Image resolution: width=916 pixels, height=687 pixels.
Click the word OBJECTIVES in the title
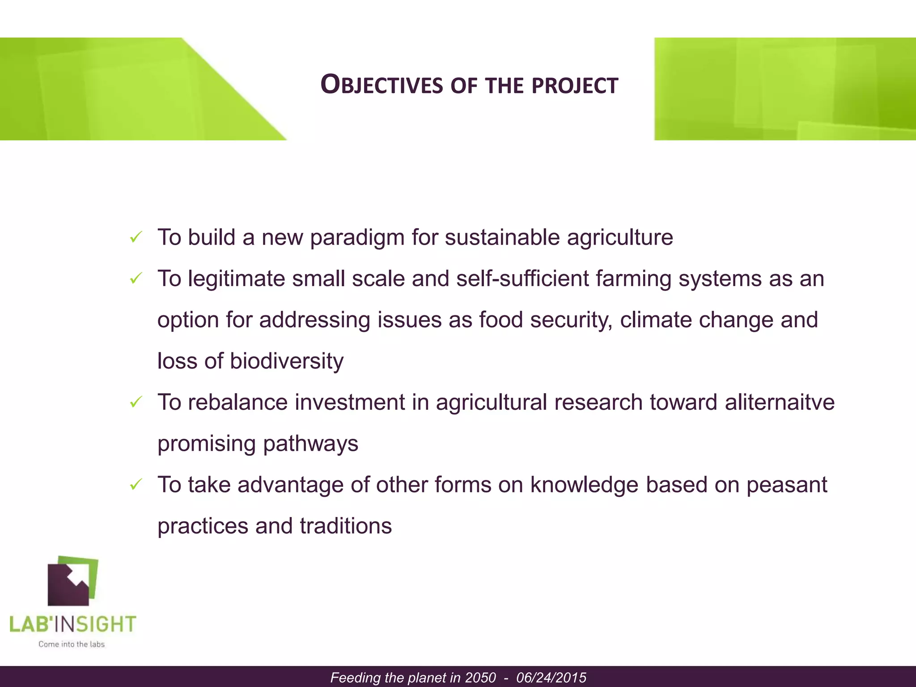pyautogui.click(x=381, y=85)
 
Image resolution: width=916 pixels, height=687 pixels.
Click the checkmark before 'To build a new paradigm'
pyautogui.click(x=136, y=237)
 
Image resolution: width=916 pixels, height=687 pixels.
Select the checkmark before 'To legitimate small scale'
pyautogui.click(x=136, y=279)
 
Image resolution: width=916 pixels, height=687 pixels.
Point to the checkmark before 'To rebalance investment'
pyautogui.click(x=136, y=402)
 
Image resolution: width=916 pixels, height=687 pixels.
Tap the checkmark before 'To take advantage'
pyautogui.click(x=136, y=484)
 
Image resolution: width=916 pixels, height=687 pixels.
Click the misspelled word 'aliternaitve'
pyautogui.click(x=779, y=402)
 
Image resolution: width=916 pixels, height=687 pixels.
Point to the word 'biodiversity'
pyautogui.click(x=286, y=361)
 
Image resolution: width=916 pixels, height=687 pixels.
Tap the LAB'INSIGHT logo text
pyautogui.click(x=72, y=624)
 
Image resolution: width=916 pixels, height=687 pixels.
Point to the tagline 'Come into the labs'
pyautogui.click(x=72, y=645)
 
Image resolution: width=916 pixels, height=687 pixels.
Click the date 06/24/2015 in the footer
pyautogui.click(x=551, y=678)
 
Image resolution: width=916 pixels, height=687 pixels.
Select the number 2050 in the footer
pyautogui.click(x=480, y=678)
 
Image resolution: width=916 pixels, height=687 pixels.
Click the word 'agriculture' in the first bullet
pyautogui.click(x=619, y=238)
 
